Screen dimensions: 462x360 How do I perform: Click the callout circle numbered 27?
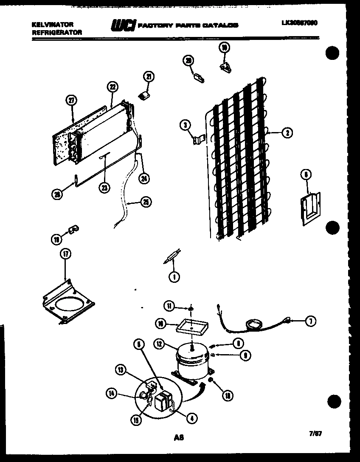pos(72,100)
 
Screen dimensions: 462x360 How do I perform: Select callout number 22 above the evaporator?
pos(112,87)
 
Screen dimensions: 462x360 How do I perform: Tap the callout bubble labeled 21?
pos(149,76)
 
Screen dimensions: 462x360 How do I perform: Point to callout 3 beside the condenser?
pos(185,125)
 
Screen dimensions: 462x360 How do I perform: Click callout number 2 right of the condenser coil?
pos(287,133)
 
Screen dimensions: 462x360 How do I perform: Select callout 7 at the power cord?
pos(310,321)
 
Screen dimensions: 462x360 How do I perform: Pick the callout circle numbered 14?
pos(111,394)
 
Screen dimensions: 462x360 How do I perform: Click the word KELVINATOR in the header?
pos(52,25)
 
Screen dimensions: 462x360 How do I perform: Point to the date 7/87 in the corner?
pos(316,434)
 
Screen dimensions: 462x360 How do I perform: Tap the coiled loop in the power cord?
pos(256,324)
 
